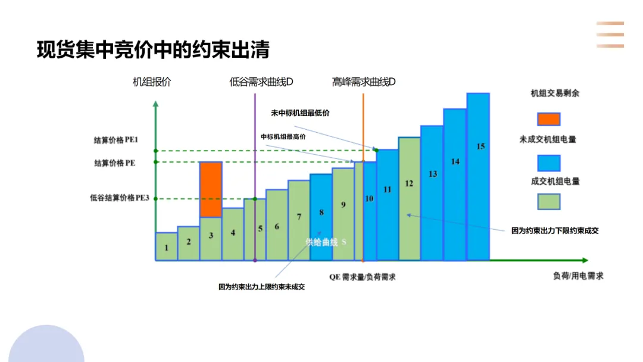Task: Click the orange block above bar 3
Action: point(211,189)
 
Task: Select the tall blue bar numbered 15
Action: point(478,177)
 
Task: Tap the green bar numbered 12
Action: point(409,199)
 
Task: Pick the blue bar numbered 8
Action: point(321,217)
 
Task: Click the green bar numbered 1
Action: point(167,246)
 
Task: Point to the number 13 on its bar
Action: point(433,174)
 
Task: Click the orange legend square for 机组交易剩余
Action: point(549,119)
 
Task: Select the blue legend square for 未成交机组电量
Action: point(549,163)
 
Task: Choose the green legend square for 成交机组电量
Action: point(549,202)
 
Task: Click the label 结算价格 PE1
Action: point(116,140)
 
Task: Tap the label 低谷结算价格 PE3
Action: point(119,198)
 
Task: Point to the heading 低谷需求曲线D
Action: point(261,82)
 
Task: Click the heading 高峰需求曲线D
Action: point(364,82)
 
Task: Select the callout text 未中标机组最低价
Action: point(300,113)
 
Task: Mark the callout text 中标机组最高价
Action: point(283,137)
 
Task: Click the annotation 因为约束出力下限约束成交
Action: point(555,231)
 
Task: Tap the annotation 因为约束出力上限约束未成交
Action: point(261,287)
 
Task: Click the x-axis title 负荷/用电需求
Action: point(578,276)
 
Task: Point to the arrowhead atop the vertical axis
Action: point(155,104)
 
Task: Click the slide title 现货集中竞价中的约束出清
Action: point(154,49)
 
